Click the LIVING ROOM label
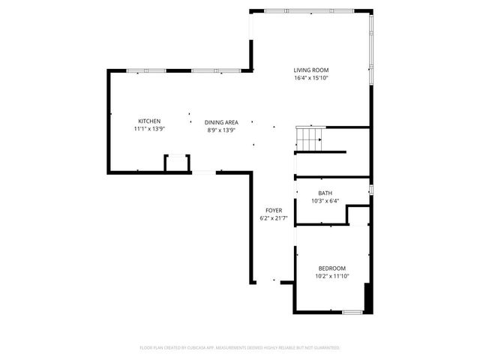point(311,70)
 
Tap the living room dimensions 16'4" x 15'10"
point(311,78)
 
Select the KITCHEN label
point(148,121)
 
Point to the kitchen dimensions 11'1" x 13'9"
point(148,130)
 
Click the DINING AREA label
point(221,121)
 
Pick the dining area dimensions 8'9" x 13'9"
point(221,130)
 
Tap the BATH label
point(325,193)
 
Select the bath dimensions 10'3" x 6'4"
point(325,201)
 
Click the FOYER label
point(274,210)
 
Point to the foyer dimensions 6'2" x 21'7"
point(274,218)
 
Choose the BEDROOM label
point(331,268)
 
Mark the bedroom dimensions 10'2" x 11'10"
point(331,277)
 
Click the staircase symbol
point(309,137)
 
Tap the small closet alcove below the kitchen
point(177,164)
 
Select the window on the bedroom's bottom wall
point(352,311)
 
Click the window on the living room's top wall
point(310,10)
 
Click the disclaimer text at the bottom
point(240,348)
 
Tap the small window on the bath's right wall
point(371,188)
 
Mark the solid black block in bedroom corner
point(367,297)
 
